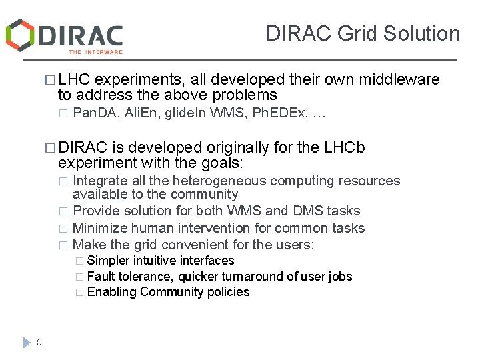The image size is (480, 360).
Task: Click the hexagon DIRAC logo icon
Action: (19, 35)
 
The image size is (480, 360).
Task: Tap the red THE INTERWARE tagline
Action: (95, 51)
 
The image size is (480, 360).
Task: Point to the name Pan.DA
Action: (93, 114)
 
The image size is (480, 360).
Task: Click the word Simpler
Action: (109, 261)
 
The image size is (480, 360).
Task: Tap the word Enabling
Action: (112, 291)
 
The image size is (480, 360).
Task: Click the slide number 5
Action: (39, 342)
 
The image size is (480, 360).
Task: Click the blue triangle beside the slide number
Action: (27, 342)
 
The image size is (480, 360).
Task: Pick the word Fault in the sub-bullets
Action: (100, 276)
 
